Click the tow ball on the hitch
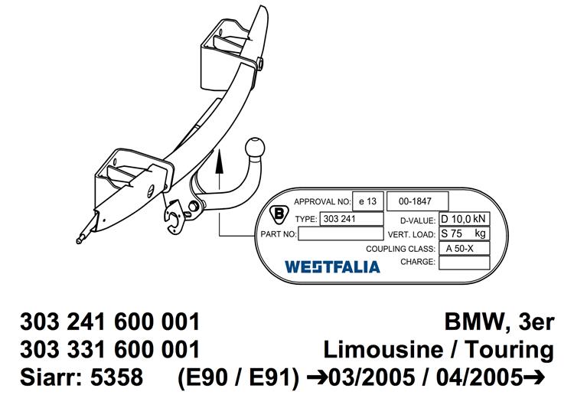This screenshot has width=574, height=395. click(255, 148)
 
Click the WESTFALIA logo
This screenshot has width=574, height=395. click(332, 267)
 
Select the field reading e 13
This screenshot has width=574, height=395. click(368, 201)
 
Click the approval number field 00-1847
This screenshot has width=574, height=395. click(417, 201)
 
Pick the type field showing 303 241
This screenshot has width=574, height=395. click(351, 219)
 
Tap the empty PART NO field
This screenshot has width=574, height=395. click(341, 233)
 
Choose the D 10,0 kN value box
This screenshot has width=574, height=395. click(465, 219)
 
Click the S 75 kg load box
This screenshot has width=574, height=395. click(465, 233)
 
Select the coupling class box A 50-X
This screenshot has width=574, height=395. click(465, 249)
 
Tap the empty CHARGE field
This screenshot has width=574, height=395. click(465, 263)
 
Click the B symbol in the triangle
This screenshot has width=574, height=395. click(279, 214)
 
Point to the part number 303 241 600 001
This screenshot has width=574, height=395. click(109, 322)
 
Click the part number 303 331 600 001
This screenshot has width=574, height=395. click(109, 349)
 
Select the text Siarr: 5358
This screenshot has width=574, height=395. click(82, 377)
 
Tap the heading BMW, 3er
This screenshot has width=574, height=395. click(499, 322)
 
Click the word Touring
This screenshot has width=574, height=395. click(509, 350)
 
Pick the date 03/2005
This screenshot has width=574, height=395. click(372, 377)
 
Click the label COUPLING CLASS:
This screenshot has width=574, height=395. click(400, 249)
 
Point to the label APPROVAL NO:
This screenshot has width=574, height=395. click(322, 201)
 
